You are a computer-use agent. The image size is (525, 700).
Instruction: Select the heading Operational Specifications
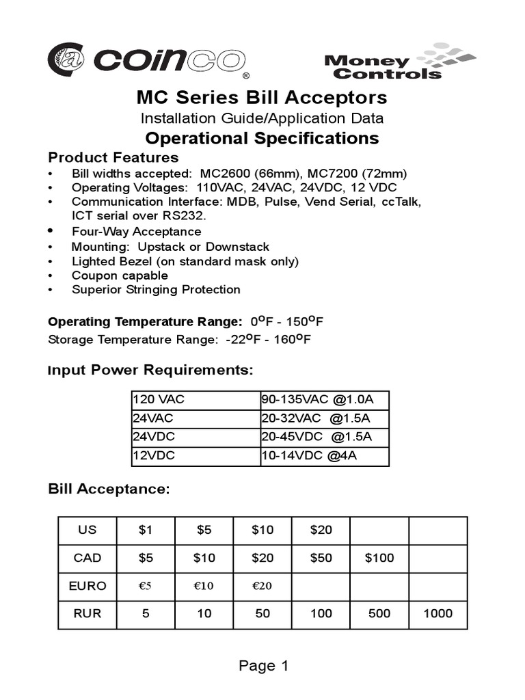pos(262,138)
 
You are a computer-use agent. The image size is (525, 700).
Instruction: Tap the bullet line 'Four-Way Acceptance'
pos(136,232)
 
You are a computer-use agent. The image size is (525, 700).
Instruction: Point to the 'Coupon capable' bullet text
pos(120,275)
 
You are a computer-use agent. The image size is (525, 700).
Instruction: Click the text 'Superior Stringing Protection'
pos(156,290)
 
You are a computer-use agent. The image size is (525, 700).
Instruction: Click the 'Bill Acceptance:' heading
pos(109,489)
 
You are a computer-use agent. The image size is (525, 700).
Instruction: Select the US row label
pos(87,530)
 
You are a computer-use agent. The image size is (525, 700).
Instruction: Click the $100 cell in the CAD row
pos(379,558)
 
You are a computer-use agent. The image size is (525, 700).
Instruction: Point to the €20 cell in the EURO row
pos(262,586)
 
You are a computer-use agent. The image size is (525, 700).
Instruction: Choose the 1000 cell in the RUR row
pos(438,614)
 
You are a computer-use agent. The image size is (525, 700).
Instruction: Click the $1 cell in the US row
pos(146,530)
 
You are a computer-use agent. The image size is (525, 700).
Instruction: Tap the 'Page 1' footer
pos(264,666)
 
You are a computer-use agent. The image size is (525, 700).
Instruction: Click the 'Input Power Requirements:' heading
pos(150,371)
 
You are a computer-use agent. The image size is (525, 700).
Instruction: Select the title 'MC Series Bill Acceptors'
pos(262,97)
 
